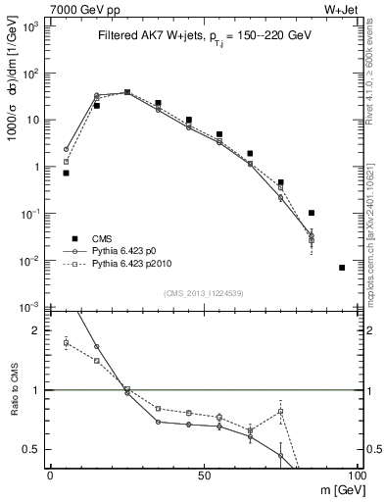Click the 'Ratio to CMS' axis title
click(12, 390)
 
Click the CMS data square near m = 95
click(342, 268)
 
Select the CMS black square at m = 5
click(66, 173)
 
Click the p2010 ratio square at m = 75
click(280, 412)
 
